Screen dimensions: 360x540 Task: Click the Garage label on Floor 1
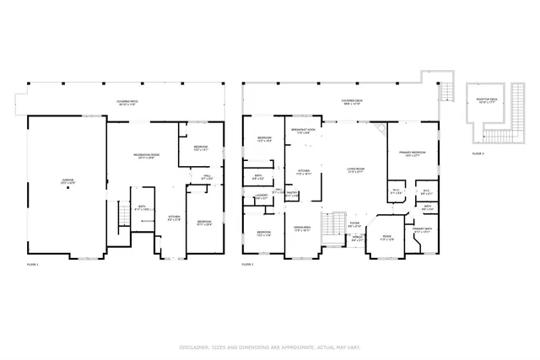coord(67,180)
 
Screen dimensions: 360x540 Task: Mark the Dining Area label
coord(303,227)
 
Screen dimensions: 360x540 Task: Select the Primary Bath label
coord(423,229)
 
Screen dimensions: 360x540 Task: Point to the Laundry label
coord(262,196)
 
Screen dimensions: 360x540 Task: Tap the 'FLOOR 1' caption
coord(33,266)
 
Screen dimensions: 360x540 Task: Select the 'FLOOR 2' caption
coord(248,266)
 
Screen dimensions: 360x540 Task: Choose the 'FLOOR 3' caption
coord(478,153)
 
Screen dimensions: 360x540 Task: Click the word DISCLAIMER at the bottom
coord(196,347)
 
